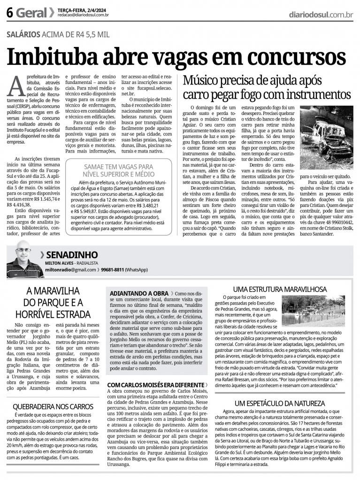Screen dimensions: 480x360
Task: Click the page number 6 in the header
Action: tap(9, 14)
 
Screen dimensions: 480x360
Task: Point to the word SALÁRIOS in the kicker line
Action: tap(23, 34)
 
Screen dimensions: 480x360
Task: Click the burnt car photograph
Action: tap(327, 138)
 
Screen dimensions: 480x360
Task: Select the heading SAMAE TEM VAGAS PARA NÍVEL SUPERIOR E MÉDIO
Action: tap(118, 170)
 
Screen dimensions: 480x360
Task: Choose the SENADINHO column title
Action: tap(72, 255)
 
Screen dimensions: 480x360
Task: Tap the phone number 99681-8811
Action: tap(113, 270)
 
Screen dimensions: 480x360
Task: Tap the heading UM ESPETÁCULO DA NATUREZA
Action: tap(280, 403)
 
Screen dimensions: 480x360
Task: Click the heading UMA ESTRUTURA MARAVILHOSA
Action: tap(280, 289)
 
